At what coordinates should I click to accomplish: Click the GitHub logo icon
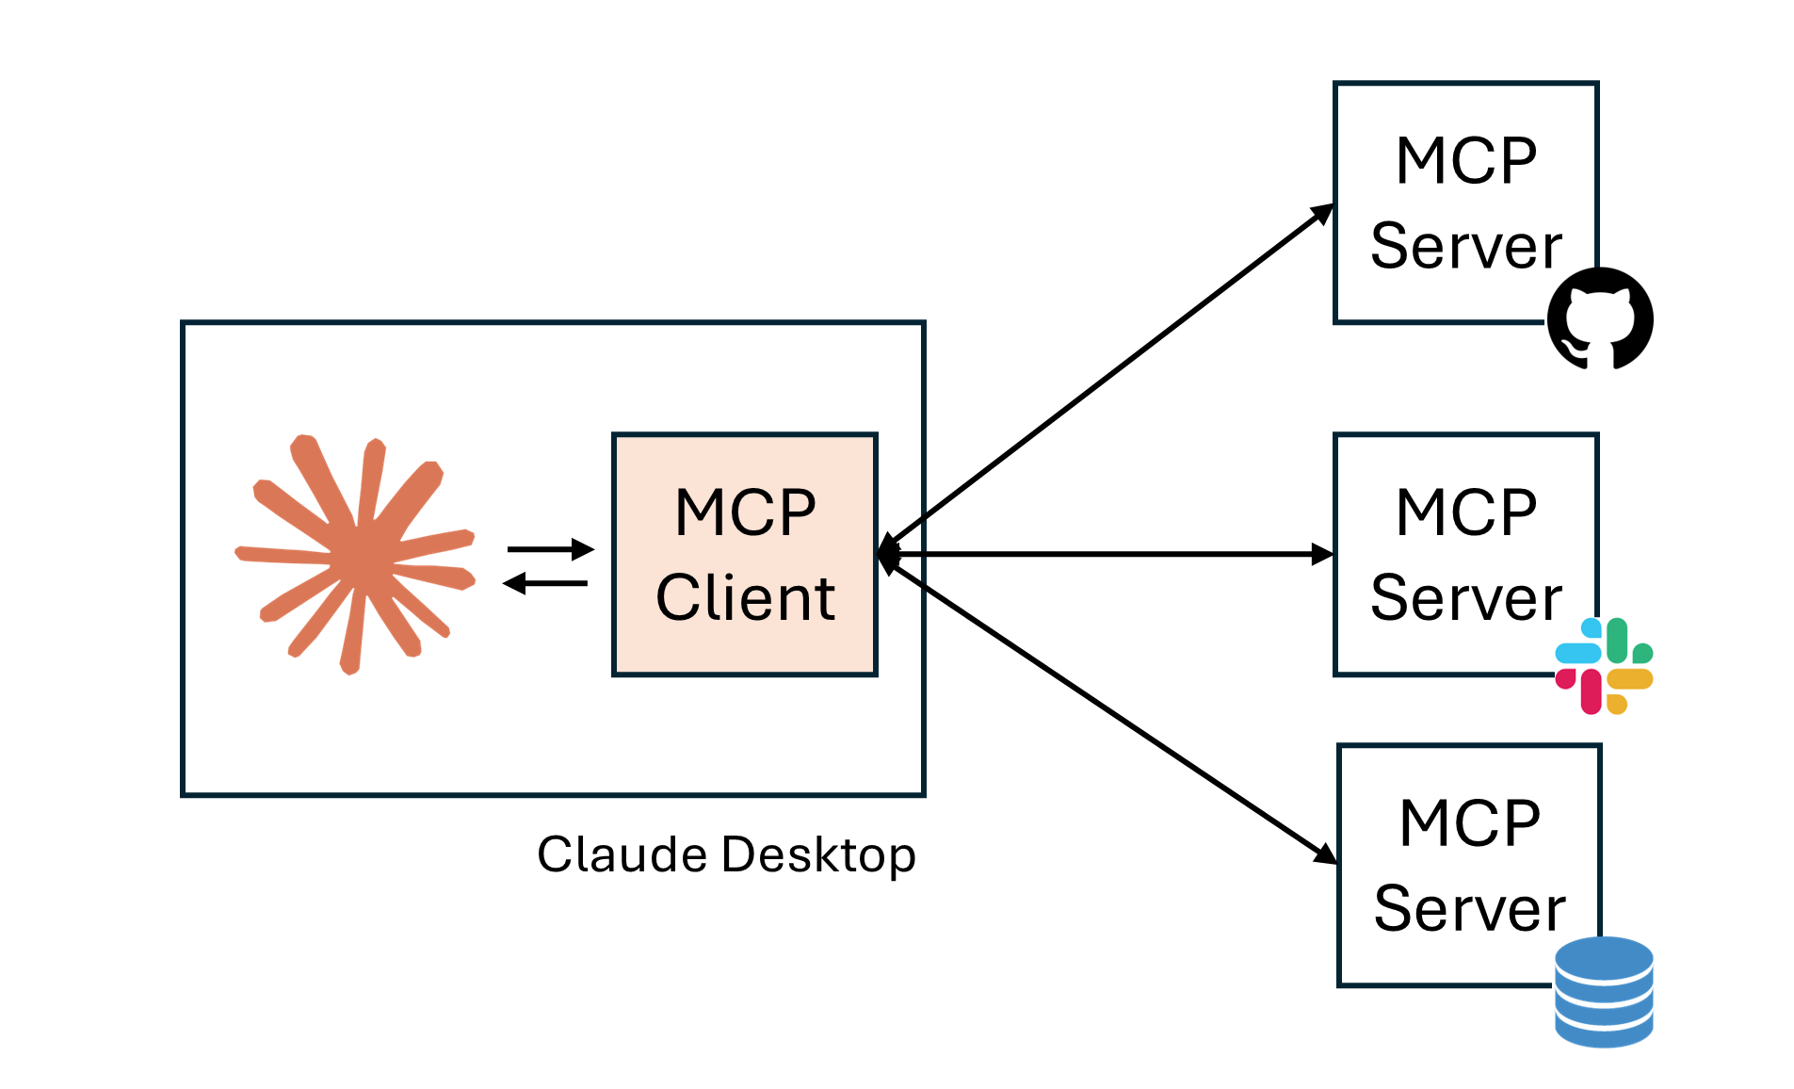pos(1600,318)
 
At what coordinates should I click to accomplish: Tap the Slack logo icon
pos(1604,666)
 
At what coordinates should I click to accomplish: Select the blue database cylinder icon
pos(1604,991)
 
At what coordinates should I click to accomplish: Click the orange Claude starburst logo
pos(356,555)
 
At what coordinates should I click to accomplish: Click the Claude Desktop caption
pos(726,854)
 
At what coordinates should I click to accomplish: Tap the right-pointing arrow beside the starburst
pos(551,548)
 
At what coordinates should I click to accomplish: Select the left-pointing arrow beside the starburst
pos(546,584)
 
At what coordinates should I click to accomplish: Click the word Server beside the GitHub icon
pos(1465,246)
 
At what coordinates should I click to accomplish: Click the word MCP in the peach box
pos(745,513)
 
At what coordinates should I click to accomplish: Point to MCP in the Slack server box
pos(1466,513)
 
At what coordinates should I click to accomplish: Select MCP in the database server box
pos(1470,823)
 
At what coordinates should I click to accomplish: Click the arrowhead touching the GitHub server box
pos(1324,212)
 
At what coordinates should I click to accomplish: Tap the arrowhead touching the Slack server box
pos(1323,555)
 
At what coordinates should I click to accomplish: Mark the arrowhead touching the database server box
pos(1326,853)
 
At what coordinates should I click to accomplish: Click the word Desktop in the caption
pos(818,855)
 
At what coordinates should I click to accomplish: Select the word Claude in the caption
pos(622,854)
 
